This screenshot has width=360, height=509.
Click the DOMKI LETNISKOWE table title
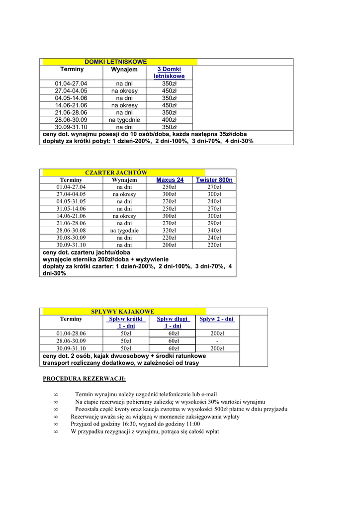coord(115,62)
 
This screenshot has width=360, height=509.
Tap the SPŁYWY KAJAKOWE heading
coord(122,311)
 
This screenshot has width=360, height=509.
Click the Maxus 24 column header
coord(170,180)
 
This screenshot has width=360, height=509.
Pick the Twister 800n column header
coord(214,180)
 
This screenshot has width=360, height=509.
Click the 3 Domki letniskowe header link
coord(169,73)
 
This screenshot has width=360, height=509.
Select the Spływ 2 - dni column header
coord(216,319)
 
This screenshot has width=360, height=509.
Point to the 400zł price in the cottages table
coord(169,120)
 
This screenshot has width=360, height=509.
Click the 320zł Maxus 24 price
coord(170,231)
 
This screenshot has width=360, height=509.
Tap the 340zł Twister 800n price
coord(214,231)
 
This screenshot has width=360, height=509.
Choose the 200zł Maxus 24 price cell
coord(170,245)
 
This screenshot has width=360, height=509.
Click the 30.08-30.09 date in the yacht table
coord(71,238)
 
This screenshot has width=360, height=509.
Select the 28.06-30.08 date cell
coord(71,231)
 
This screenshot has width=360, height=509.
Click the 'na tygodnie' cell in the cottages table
coord(124,120)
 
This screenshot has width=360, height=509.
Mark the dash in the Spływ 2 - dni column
coord(217,341)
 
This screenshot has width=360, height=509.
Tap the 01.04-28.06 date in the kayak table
coord(71,334)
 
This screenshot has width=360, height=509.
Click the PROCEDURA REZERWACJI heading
coord(85,379)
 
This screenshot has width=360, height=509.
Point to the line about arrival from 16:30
coord(135,424)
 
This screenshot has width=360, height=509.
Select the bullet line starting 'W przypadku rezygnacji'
coord(145,431)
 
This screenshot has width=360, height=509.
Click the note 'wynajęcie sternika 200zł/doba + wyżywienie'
coord(105,259)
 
